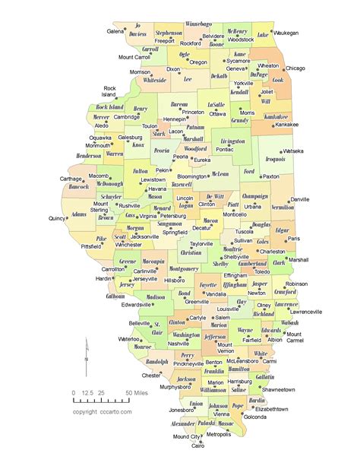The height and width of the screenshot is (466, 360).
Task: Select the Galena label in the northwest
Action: (x=115, y=31)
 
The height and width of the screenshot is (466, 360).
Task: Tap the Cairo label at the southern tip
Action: (x=197, y=446)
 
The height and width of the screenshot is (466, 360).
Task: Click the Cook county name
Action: (x=277, y=79)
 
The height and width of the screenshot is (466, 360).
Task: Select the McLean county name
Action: (x=219, y=174)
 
